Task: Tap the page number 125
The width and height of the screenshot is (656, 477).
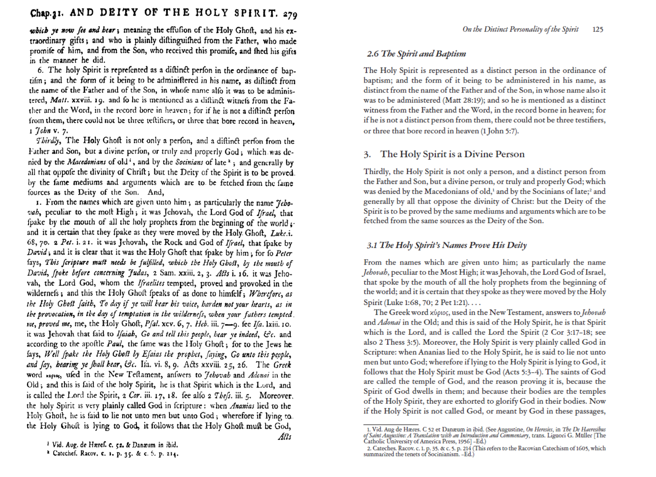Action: (x=598, y=30)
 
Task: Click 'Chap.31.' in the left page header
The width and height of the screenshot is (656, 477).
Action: (x=46, y=13)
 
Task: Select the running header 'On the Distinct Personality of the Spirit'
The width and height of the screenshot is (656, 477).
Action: (x=521, y=30)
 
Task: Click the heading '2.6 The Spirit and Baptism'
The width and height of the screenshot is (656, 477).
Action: (x=416, y=54)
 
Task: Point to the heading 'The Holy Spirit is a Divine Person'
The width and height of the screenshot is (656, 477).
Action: (x=452, y=154)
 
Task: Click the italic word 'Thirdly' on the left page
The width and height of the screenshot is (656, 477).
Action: (x=48, y=141)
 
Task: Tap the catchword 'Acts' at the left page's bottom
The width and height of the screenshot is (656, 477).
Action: (x=284, y=437)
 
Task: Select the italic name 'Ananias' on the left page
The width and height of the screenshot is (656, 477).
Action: (x=242, y=406)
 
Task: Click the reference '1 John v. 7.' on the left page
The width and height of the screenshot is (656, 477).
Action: (x=49, y=131)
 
